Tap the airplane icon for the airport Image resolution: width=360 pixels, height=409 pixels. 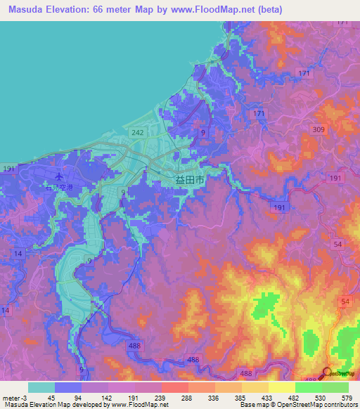tap(59, 176)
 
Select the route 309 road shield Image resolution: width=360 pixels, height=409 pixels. tap(318, 130)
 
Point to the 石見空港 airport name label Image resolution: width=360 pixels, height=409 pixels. tap(59, 188)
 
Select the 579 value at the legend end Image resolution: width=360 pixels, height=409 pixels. tap(346, 397)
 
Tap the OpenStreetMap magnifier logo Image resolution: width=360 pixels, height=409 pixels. tap(328, 372)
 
